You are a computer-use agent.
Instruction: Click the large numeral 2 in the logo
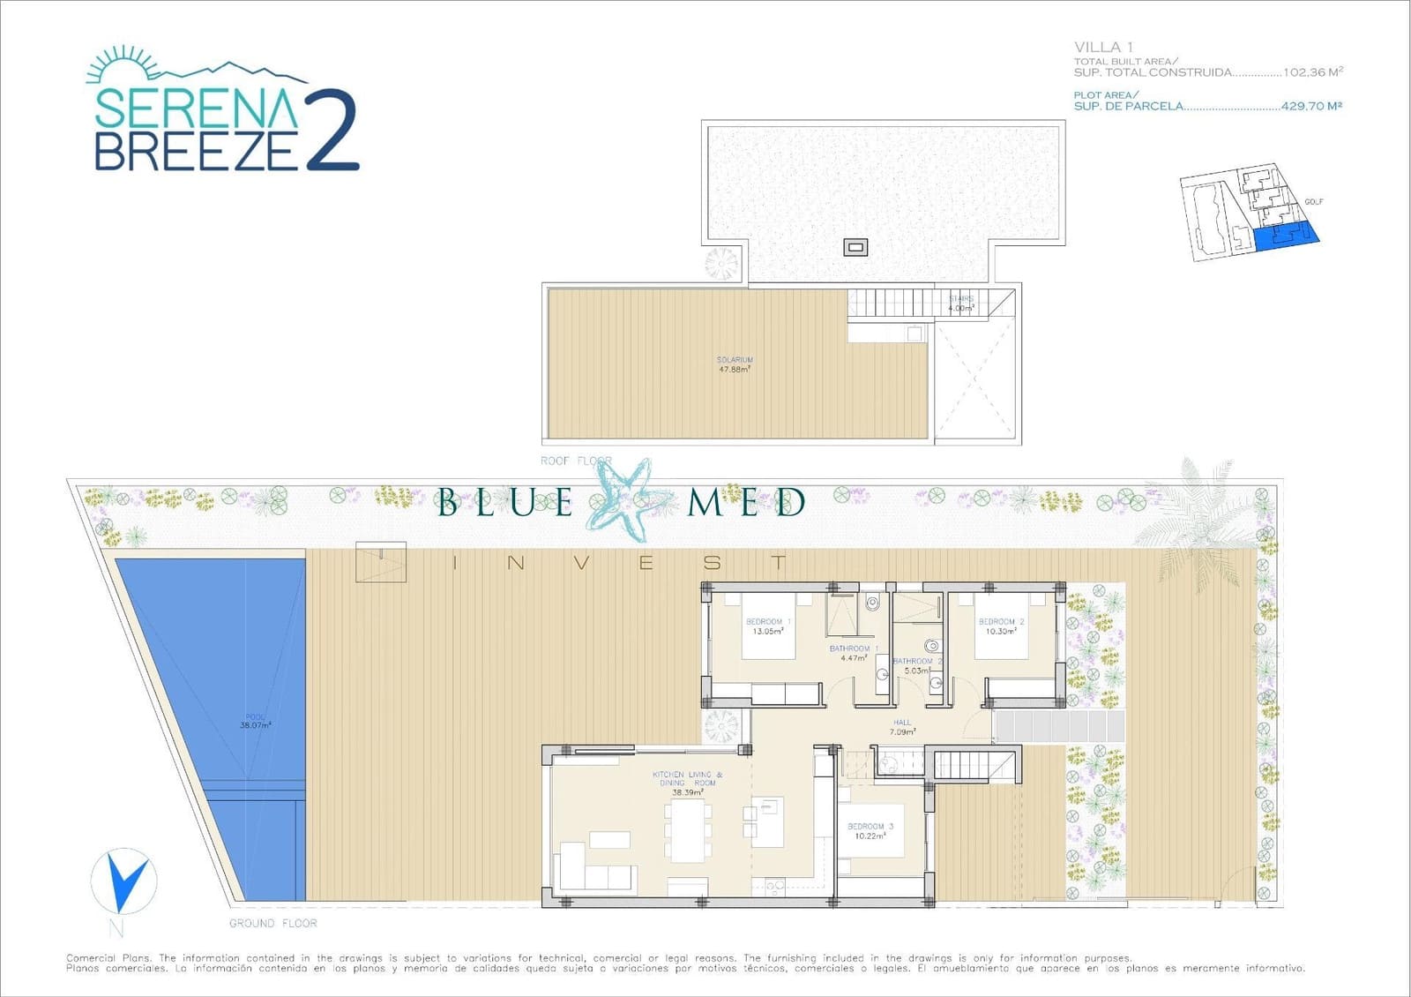[x=332, y=131]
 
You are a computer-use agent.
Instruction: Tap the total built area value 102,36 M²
[x=1313, y=72]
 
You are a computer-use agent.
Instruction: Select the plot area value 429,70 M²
[x=1311, y=106]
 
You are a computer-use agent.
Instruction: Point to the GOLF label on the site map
[x=1313, y=202]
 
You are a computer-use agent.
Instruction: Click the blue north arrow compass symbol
[x=123, y=881]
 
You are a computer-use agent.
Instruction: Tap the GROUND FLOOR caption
[x=273, y=923]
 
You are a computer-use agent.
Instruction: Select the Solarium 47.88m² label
[x=735, y=364]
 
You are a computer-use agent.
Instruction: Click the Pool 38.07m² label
[x=256, y=722]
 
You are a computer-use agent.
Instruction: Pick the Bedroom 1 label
[x=768, y=626]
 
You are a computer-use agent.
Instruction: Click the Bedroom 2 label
[x=1001, y=626]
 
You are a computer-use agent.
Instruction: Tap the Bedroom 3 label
[x=870, y=831]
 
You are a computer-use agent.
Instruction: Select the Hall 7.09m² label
[x=902, y=727]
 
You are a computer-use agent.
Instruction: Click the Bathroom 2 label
[x=917, y=665]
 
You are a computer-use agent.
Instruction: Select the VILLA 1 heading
[x=1103, y=47]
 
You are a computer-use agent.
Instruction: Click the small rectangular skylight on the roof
[x=855, y=247]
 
